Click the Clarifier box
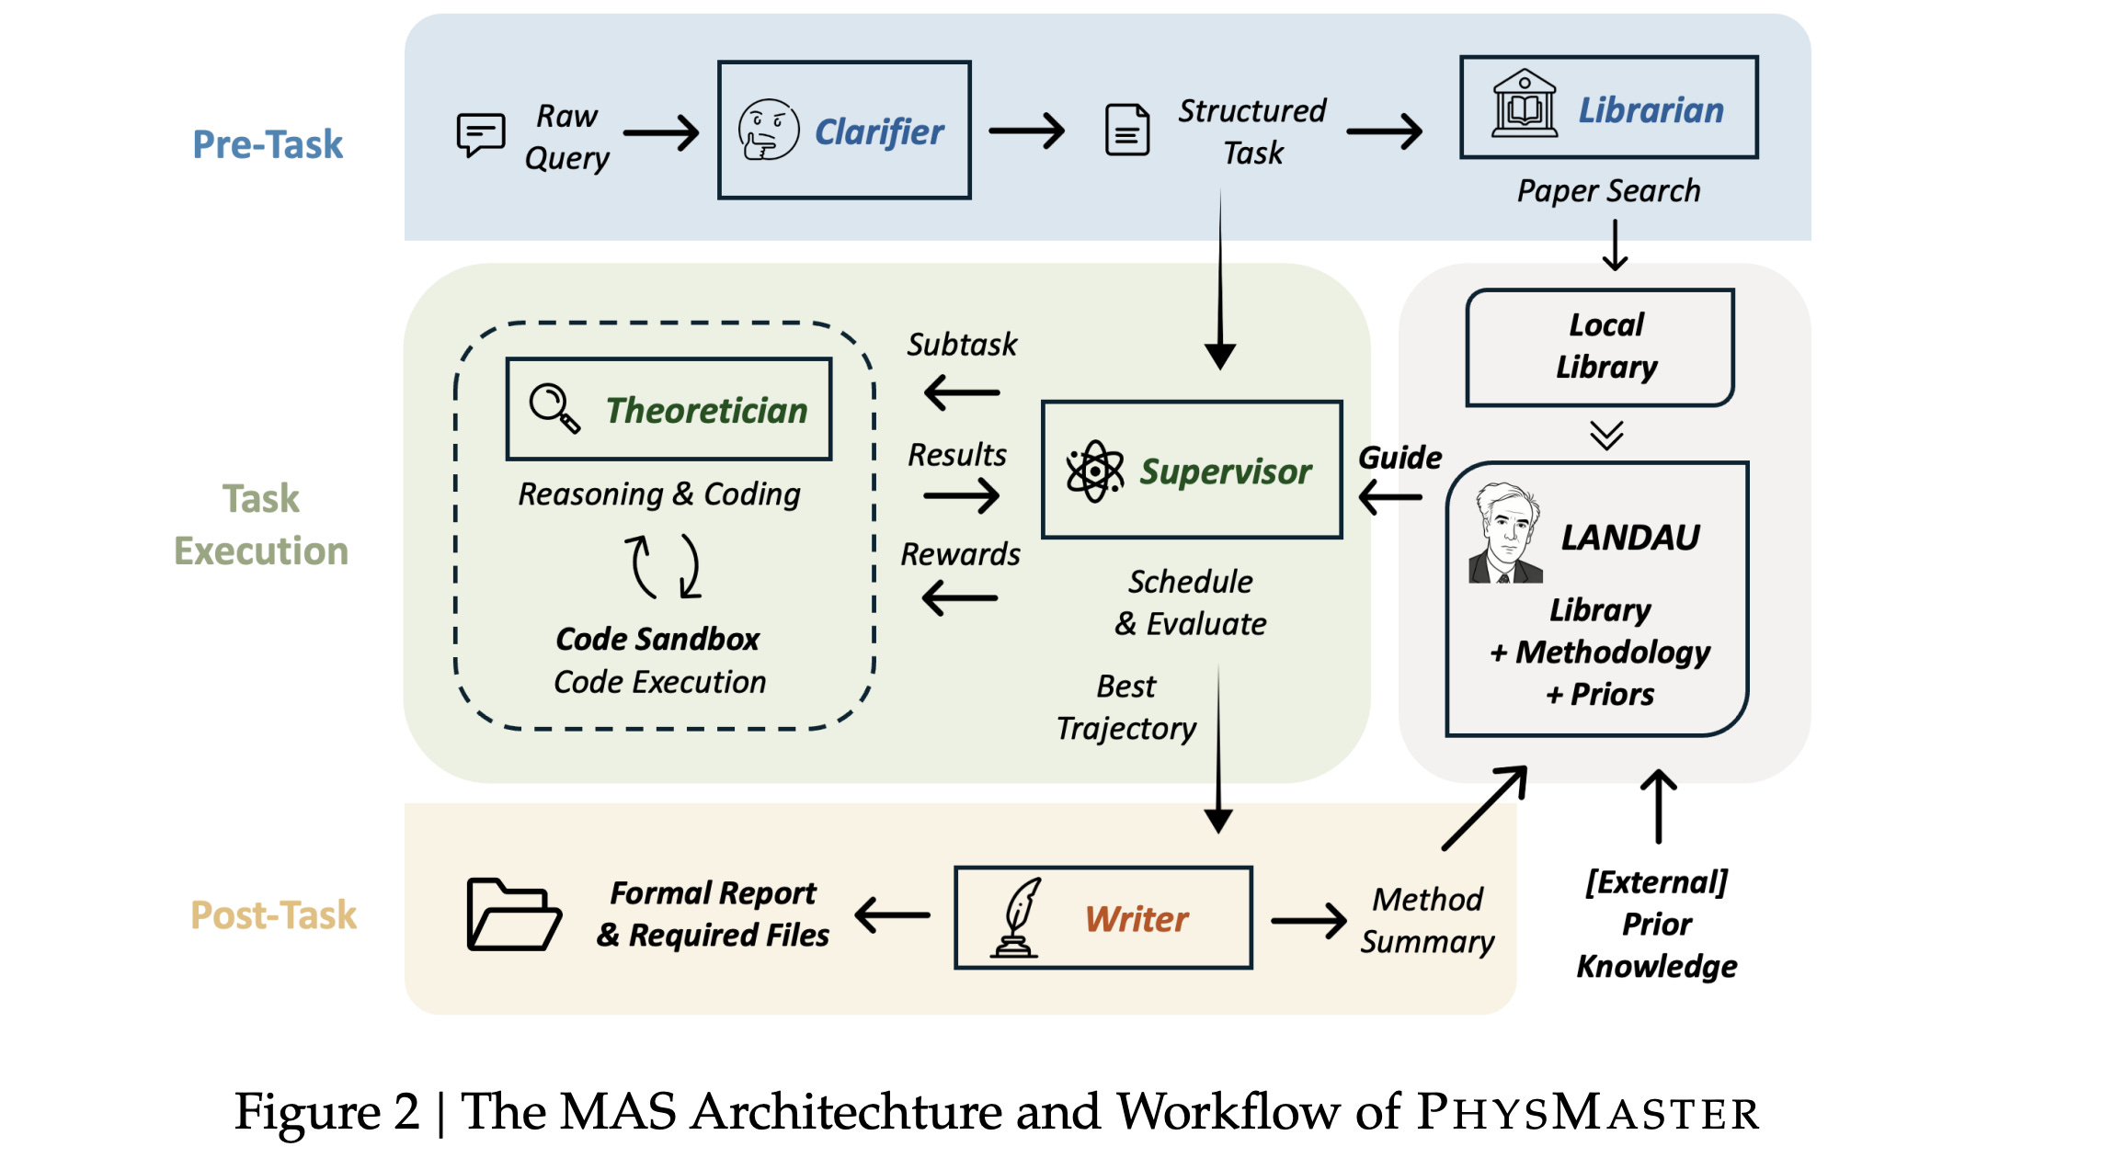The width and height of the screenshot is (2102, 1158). (844, 130)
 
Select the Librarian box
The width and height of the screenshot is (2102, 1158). (1608, 108)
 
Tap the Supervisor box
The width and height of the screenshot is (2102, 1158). (1192, 470)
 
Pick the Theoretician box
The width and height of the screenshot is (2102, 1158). (668, 409)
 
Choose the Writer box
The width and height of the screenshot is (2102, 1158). (1103, 917)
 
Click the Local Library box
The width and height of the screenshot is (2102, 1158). (1600, 347)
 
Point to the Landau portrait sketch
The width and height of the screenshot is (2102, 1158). (1504, 534)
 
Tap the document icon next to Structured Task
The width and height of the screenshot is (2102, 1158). (1127, 131)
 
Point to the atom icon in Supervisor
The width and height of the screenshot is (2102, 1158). (1094, 471)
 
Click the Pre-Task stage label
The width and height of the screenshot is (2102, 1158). (267, 144)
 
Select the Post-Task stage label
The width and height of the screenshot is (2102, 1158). (273, 914)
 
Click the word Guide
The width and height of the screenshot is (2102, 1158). (1399, 457)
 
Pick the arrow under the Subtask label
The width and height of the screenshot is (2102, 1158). (962, 393)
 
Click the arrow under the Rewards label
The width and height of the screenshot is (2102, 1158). (960, 598)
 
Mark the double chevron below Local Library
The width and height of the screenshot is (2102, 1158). (1606, 435)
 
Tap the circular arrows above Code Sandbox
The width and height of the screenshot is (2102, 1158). (662, 565)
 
